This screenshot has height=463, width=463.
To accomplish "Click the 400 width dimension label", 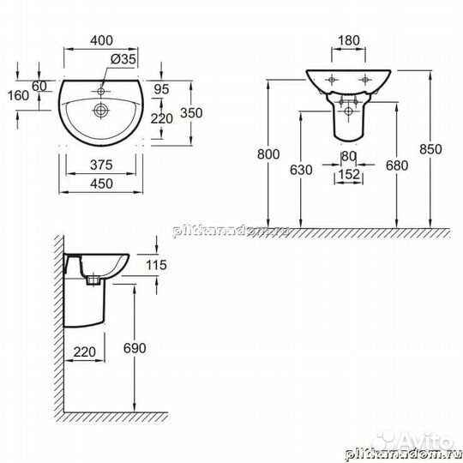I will tap(101, 39).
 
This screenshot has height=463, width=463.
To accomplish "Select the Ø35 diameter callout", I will tap(123, 58).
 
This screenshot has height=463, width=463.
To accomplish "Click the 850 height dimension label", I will tap(430, 148).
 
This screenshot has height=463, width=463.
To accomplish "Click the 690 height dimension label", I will tap(147, 349).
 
